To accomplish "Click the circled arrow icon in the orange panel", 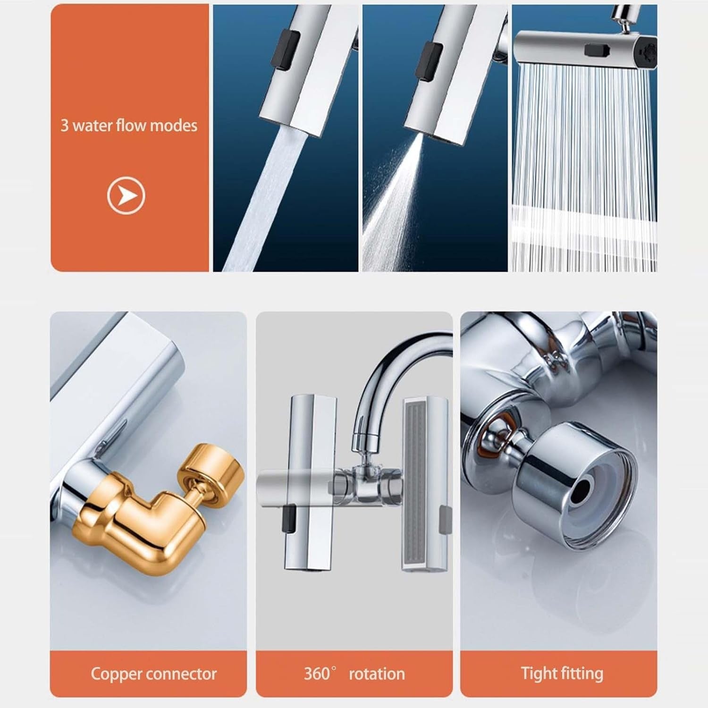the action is tap(126, 195).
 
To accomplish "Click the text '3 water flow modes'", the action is tap(129, 126).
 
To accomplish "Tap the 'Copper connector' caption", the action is tap(154, 674).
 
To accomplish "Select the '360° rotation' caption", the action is tap(354, 674).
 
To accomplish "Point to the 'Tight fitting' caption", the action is tap(562, 674).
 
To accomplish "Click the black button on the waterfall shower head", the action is tap(594, 50).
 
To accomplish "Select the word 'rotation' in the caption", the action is tap(377, 674).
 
